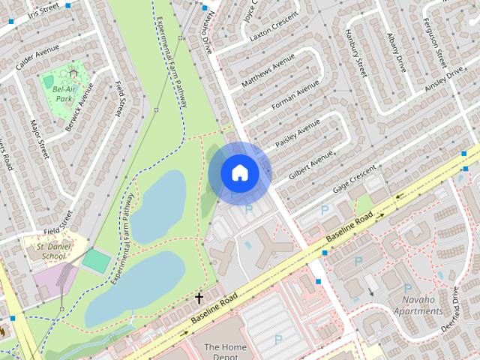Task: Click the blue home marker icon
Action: point(240,172)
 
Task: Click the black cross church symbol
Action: point(199,298)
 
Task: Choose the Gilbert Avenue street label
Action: point(310,169)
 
